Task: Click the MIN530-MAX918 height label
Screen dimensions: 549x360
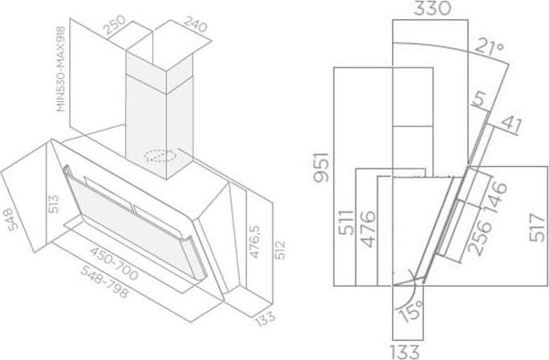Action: (61, 69)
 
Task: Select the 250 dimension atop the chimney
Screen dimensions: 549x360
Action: (116, 25)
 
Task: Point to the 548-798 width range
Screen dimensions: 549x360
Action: (104, 282)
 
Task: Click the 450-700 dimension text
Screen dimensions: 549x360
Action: (114, 263)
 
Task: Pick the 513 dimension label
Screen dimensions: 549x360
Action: (54, 204)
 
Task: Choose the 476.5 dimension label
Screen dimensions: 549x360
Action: (255, 242)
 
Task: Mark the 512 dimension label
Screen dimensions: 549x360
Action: (279, 250)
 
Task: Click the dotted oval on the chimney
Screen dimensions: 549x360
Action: (160, 156)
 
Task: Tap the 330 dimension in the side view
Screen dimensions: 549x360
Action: (432, 8)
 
